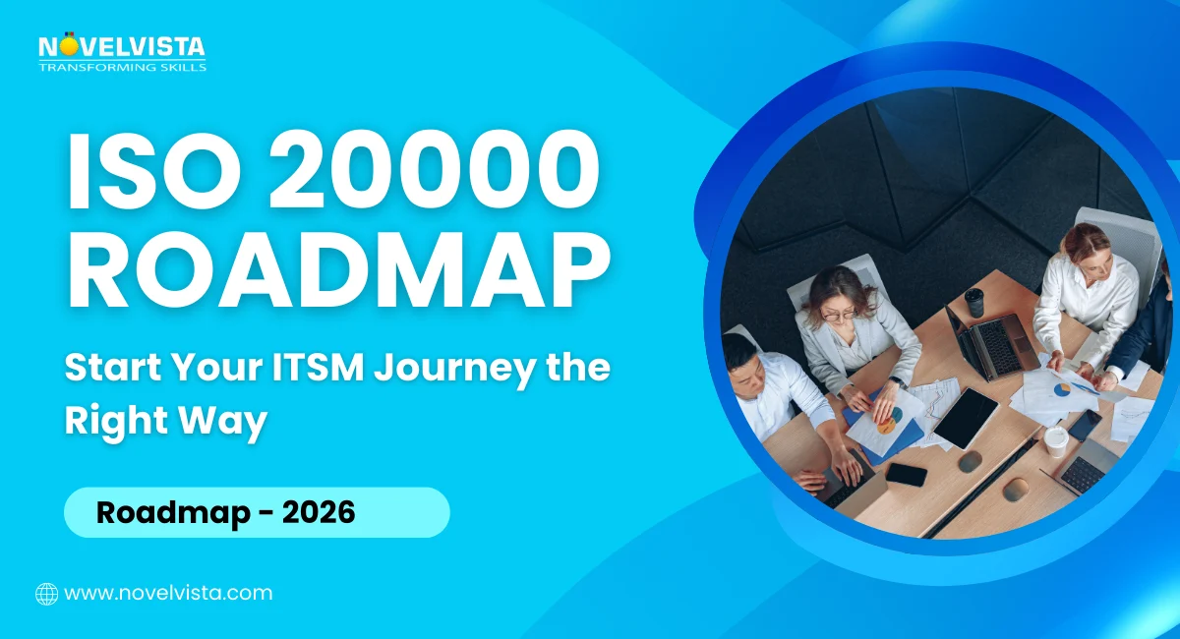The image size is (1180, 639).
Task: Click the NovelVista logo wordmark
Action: [122, 46]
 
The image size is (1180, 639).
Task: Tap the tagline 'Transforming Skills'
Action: [122, 67]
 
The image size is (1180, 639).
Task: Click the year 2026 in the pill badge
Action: [318, 512]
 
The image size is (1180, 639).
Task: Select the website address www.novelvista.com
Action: [168, 593]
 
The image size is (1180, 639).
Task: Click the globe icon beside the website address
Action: [46, 594]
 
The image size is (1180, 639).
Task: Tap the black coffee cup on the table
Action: [973, 302]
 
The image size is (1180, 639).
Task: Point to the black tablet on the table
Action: [966, 417]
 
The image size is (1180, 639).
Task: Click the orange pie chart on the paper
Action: [887, 425]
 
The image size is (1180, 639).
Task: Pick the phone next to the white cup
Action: [1086, 425]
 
